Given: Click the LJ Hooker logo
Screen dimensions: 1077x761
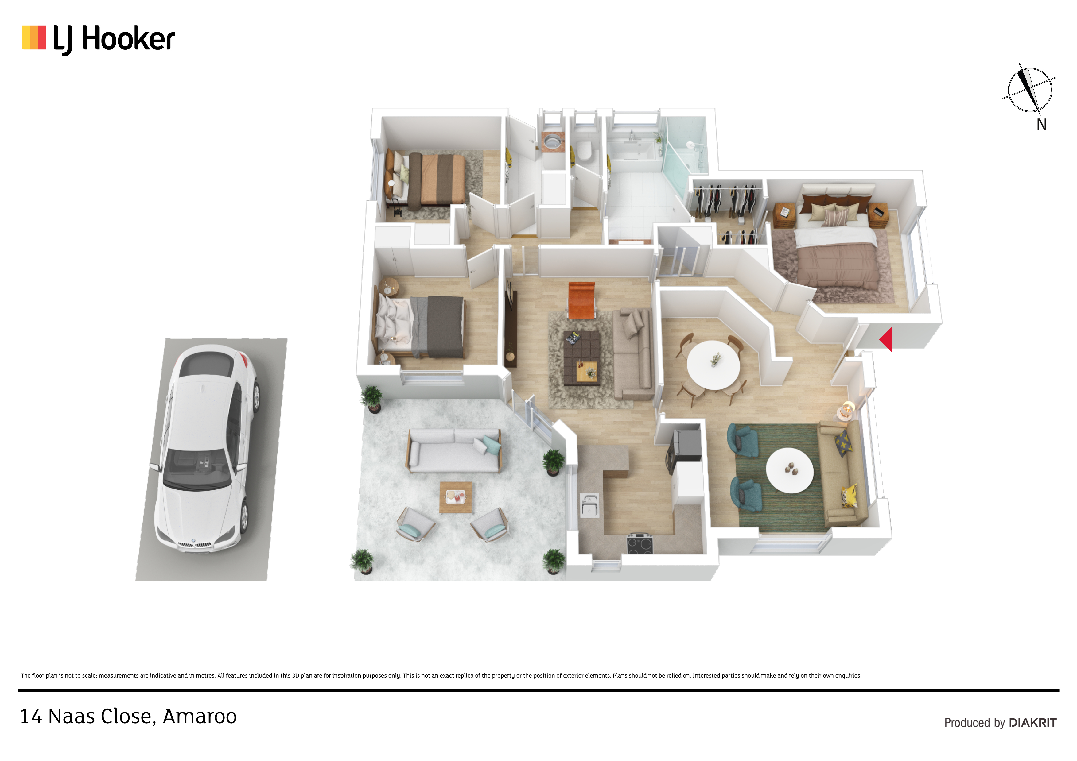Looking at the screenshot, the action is click(x=99, y=39).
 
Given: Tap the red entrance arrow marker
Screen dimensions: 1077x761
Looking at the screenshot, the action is click(x=886, y=339).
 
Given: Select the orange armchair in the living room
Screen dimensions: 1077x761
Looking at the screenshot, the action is click(x=581, y=300).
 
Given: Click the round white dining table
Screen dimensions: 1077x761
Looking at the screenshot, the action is click(x=713, y=364).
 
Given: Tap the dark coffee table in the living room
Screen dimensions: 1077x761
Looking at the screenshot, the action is click(x=582, y=358).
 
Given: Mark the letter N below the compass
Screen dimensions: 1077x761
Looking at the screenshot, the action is click(x=1042, y=125).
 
